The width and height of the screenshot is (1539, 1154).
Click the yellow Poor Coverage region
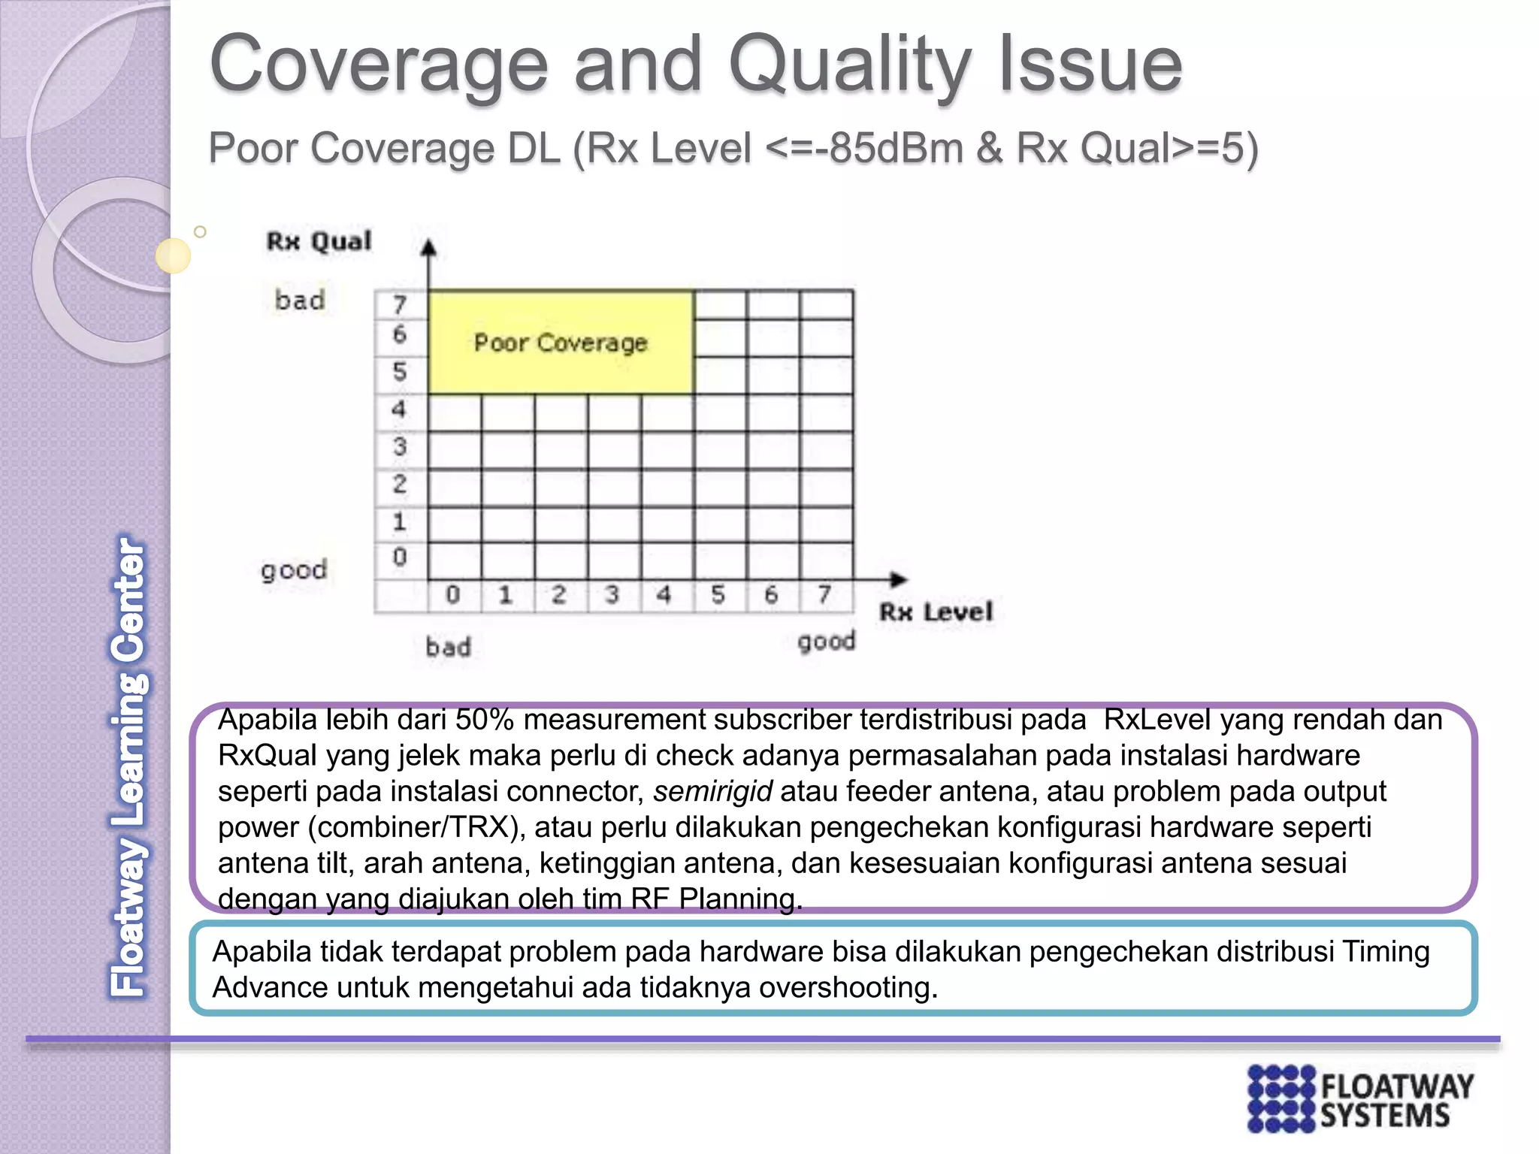[x=560, y=343]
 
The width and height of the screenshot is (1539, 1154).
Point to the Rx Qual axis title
[x=319, y=241]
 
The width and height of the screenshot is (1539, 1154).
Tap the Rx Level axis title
[x=936, y=612]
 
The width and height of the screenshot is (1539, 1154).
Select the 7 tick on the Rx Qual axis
[x=399, y=304]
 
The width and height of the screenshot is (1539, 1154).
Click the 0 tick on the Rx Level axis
[x=452, y=595]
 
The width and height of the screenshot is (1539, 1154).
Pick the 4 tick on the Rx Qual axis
[x=399, y=409]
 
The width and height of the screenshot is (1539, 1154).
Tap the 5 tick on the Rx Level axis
[x=718, y=595]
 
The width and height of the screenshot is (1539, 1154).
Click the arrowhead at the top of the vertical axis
[x=428, y=247]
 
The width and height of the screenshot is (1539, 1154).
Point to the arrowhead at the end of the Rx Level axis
[x=898, y=579]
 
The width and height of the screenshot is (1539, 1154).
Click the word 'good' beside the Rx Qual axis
[x=294, y=570]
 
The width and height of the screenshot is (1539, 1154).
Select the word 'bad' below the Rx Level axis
[x=448, y=647]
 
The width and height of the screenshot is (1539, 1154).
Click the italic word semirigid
[x=712, y=791]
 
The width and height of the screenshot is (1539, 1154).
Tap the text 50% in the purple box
[x=484, y=720]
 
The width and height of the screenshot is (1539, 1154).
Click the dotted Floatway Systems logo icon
[x=1281, y=1098]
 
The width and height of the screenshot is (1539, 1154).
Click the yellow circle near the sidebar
[x=173, y=255]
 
